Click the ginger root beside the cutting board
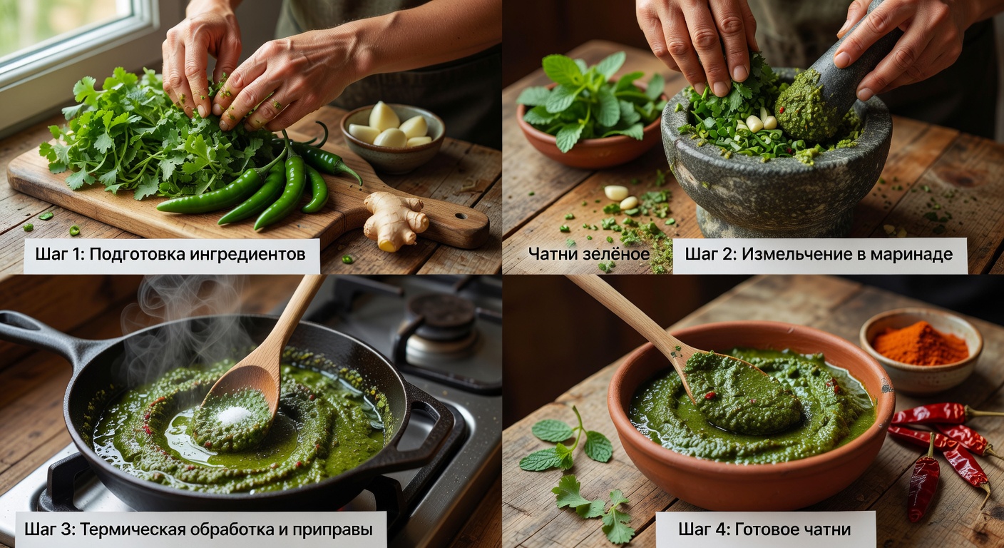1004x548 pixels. pos(394,220)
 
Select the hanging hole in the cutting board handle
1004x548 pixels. pos(461,216)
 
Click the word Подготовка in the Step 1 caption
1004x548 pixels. pos(137,254)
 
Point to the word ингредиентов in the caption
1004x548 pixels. pos(247,255)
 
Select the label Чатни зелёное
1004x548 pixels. pos(589,254)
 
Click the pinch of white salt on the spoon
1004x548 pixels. pos(232,415)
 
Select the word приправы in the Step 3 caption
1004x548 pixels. pos(332,530)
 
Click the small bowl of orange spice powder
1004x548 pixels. pos(921,349)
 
